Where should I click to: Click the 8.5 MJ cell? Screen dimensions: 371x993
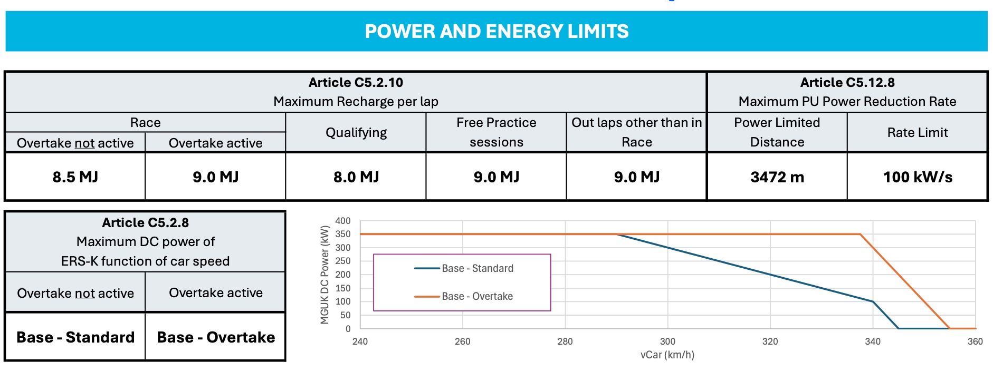pos(75,177)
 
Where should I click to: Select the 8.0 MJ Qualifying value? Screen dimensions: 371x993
pos(356,177)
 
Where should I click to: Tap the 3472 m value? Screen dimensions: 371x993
pos(777,177)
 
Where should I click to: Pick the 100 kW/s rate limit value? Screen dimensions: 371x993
pos(918,177)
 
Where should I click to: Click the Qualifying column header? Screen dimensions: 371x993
pos(356,133)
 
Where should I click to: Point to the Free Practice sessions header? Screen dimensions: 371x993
pos(496,132)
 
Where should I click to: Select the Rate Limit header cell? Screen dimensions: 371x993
pos(918,133)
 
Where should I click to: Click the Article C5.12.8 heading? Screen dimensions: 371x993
pos(847,83)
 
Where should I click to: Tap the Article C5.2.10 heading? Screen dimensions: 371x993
pos(356,83)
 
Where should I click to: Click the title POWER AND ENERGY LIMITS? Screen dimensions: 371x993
pos(497,32)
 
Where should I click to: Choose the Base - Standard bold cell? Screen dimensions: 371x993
pos(75,337)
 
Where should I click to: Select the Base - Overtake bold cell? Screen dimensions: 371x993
pos(216,337)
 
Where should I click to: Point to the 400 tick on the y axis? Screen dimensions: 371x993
pos(343,221)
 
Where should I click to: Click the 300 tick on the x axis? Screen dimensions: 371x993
pos(667,341)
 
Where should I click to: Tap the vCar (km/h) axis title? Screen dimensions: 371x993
pos(667,355)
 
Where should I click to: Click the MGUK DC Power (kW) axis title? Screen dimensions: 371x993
pos(324,275)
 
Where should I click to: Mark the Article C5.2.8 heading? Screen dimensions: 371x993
pos(145,223)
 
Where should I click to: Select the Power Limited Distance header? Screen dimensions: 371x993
pos(777,132)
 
